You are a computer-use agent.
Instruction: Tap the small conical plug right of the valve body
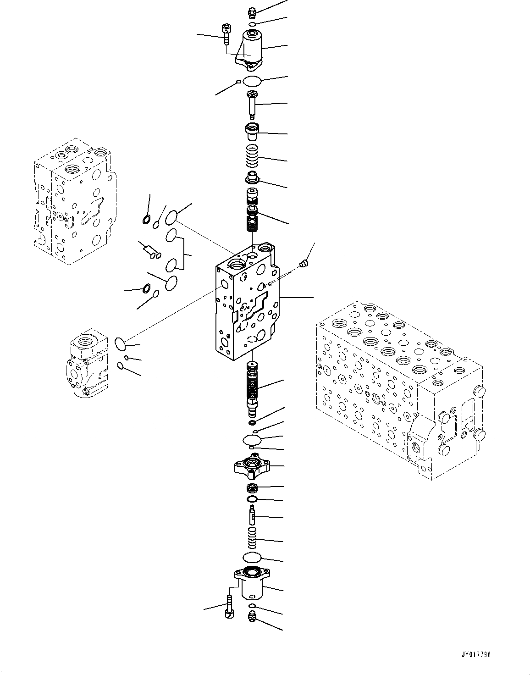[x=303, y=263]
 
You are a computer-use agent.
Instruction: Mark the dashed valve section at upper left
[x=73, y=202]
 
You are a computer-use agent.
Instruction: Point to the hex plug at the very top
[x=251, y=12]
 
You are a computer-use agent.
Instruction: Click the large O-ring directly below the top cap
[x=252, y=82]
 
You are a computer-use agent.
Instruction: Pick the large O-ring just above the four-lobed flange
[x=252, y=439]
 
